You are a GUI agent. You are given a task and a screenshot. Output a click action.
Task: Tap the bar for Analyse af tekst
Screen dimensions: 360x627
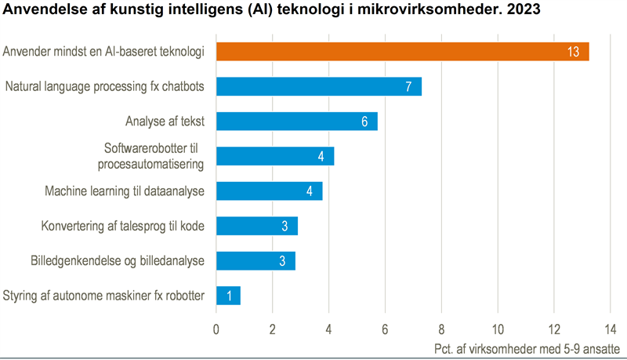tap(296, 121)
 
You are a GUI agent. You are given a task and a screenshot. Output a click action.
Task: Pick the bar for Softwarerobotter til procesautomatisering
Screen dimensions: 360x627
tap(274, 155)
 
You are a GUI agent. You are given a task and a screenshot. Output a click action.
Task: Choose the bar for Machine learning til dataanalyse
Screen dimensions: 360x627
tap(269, 191)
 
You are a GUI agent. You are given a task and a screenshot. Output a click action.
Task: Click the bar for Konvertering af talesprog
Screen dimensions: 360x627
tap(256, 226)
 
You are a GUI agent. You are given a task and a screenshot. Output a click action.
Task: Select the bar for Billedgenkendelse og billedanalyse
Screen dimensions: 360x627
tap(256, 260)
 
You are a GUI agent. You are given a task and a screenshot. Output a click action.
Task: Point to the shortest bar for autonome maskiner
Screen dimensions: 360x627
tap(228, 296)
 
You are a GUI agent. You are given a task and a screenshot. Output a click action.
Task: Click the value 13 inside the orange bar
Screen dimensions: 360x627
tap(573, 53)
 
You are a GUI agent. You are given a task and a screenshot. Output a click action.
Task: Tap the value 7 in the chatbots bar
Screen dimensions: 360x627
tap(408, 87)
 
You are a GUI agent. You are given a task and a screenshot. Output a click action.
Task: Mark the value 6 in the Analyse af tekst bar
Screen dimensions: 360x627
tap(364, 122)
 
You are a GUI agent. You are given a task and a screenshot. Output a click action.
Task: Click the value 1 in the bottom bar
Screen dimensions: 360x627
tap(229, 296)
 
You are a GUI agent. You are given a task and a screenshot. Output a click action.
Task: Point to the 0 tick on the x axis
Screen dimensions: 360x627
tap(216, 329)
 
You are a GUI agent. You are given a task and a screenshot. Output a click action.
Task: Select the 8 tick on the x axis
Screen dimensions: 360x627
tap(441, 329)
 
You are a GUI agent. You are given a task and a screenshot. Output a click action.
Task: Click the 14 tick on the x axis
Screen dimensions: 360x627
tap(611, 329)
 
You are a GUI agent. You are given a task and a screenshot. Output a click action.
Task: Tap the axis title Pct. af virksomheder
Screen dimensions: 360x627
tap(526, 347)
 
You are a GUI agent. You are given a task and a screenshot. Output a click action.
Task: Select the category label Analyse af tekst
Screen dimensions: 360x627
tap(165, 121)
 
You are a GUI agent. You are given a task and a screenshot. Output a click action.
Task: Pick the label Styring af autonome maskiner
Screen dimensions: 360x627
tap(103, 296)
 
